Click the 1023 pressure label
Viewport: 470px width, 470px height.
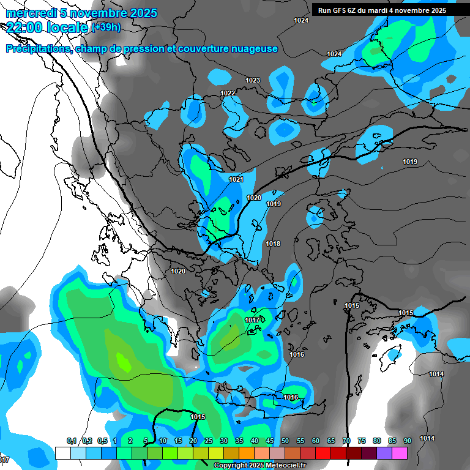(x=253, y=81)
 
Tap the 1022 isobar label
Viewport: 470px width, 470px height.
(x=228, y=93)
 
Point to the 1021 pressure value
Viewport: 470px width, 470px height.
(x=236, y=179)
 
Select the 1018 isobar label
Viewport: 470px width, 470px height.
(x=273, y=244)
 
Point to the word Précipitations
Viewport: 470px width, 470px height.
(x=37, y=49)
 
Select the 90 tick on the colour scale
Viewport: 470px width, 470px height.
(x=407, y=441)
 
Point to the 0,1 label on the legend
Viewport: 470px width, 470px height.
(x=71, y=441)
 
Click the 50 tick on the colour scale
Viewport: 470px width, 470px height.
(x=285, y=441)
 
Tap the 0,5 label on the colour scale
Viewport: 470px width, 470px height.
(x=102, y=441)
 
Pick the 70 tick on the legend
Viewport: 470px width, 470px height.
(x=346, y=441)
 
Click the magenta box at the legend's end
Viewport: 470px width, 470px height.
(x=400, y=453)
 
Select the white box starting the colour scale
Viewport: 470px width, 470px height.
(x=63, y=453)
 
